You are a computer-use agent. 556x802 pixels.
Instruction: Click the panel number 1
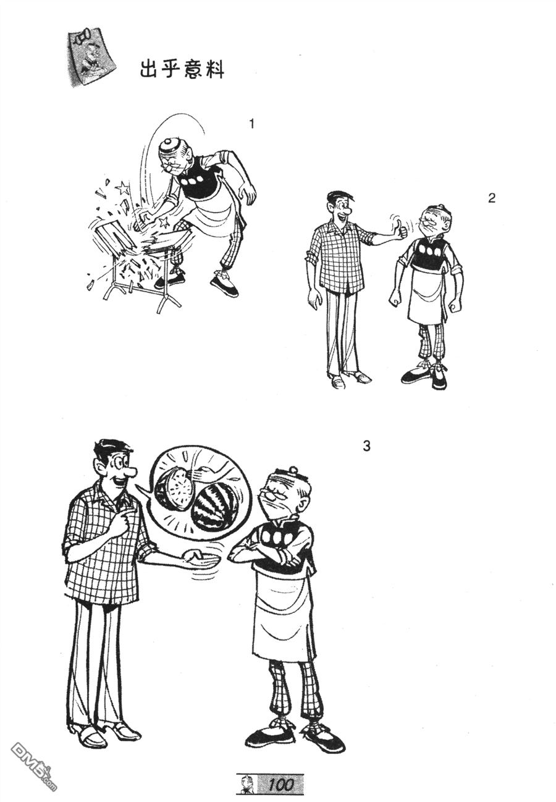[x=251, y=124]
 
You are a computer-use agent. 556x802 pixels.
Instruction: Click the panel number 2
[x=492, y=198]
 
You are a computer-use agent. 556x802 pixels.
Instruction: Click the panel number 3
[x=366, y=446]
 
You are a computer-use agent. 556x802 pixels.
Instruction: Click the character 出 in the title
[x=150, y=69]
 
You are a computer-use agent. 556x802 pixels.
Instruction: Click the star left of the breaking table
[x=122, y=187]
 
